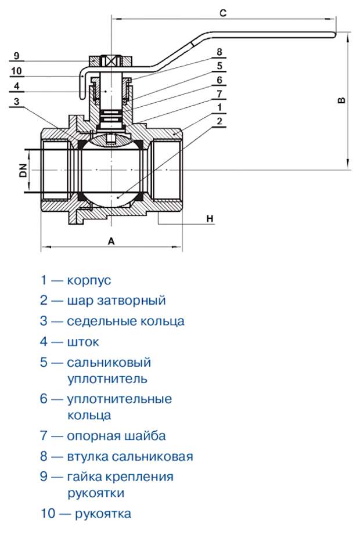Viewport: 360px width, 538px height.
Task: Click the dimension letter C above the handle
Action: tap(222, 12)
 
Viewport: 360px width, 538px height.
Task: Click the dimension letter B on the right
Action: tap(342, 100)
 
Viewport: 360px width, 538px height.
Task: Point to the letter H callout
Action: tap(210, 218)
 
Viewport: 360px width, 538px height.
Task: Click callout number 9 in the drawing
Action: tap(16, 56)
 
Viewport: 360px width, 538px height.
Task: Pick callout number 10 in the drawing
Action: tap(16, 71)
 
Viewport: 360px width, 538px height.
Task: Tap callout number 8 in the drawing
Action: tap(219, 52)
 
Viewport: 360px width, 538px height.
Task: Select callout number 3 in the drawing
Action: tap(16, 101)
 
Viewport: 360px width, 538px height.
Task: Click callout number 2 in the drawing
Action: tap(219, 121)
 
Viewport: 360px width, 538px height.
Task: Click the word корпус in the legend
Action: tap(89, 280)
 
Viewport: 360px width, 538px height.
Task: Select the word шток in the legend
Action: tap(83, 342)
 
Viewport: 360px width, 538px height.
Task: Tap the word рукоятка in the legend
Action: tap(103, 514)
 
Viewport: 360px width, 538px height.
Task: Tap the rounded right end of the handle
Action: tap(333, 35)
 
